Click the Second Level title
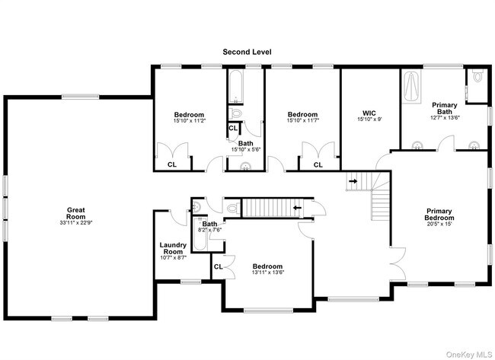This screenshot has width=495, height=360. click(247, 52)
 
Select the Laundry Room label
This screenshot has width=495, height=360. click(173, 248)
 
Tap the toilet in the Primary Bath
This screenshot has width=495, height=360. click(477, 77)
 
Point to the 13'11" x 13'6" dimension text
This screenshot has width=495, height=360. click(268, 273)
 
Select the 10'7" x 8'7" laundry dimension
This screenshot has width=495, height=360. click(173, 258)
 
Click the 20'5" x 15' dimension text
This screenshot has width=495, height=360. click(439, 224)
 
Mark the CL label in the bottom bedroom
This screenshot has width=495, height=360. click(218, 266)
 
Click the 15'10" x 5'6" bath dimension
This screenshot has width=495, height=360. click(246, 150)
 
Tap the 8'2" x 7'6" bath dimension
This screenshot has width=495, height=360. click(209, 230)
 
